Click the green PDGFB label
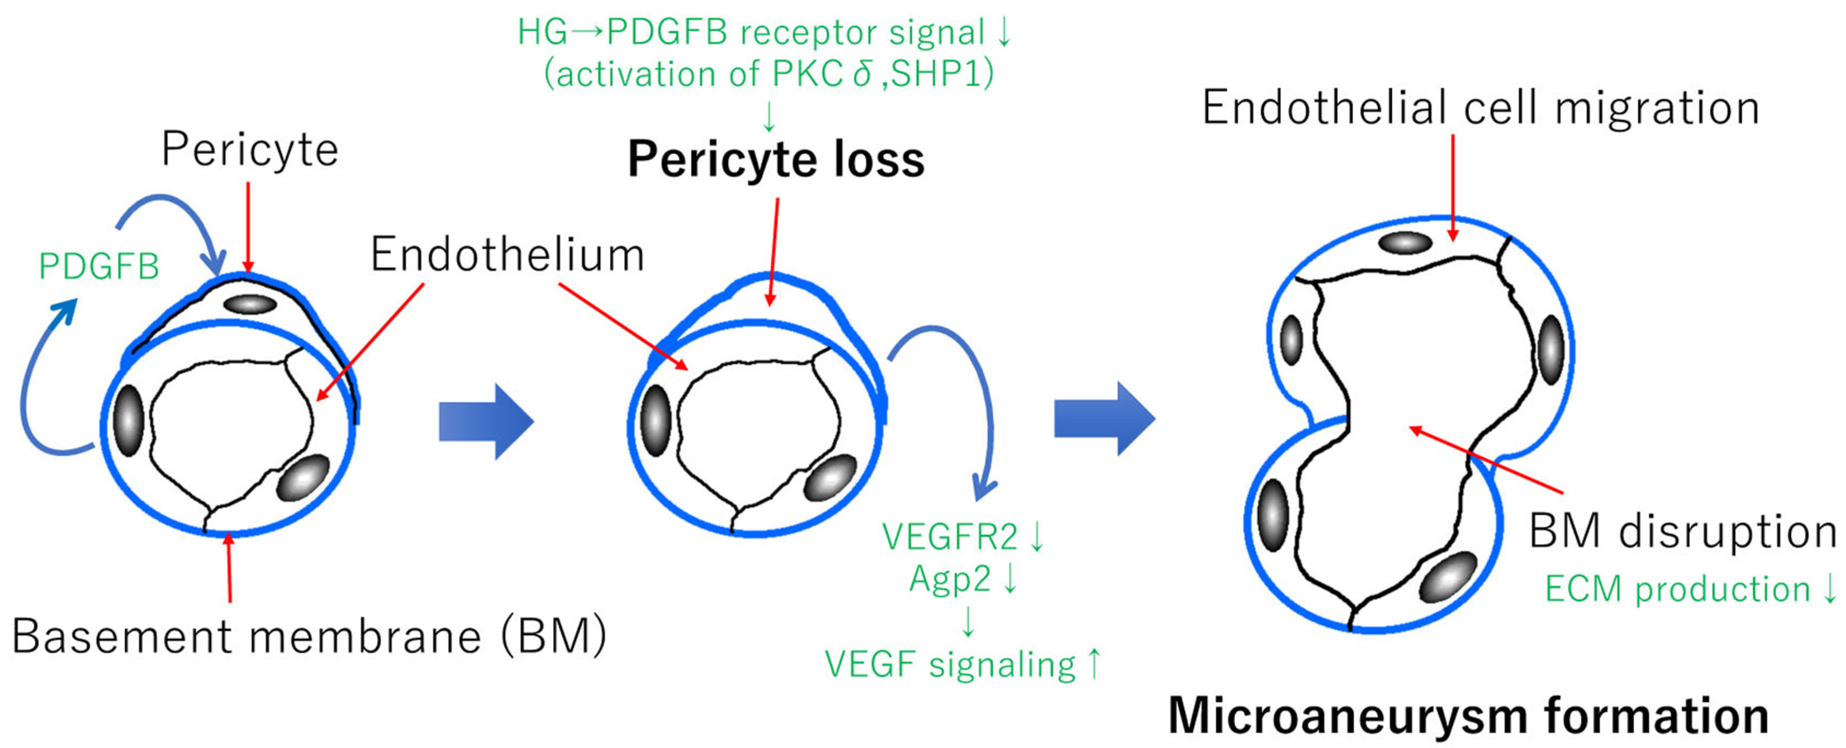click(99, 267)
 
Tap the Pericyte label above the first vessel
click(249, 150)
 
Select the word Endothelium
click(507, 255)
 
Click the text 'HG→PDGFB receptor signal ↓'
click(764, 32)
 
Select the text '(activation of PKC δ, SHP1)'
click(769, 74)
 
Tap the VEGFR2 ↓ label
click(963, 537)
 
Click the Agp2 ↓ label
click(963, 578)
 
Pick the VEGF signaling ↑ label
click(963, 664)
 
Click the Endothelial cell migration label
click(1480, 108)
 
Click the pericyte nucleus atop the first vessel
click(250, 304)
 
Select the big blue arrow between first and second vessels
click(486, 421)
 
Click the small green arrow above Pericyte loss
click(769, 116)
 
